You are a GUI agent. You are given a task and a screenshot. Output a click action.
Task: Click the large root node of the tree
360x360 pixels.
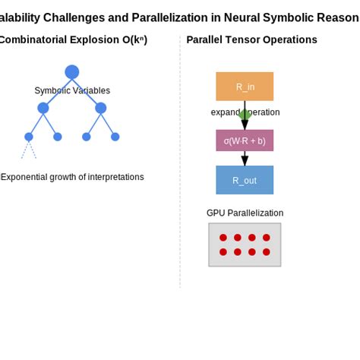point(71,72)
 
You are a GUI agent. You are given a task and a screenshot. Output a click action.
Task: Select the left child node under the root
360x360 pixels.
point(43,108)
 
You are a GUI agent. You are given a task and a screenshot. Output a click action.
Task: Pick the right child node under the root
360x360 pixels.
point(100,108)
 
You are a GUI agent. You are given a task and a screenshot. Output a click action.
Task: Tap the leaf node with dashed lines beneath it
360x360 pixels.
point(29,137)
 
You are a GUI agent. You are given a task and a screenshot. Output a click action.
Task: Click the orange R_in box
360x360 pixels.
point(245,87)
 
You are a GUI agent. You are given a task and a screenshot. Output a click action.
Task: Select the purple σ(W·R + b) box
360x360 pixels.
point(245,141)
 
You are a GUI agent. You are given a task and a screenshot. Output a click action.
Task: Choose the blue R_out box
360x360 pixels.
point(245,180)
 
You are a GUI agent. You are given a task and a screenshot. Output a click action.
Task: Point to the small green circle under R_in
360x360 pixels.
point(245,115)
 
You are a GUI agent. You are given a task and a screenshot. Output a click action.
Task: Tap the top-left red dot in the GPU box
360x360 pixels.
point(223,238)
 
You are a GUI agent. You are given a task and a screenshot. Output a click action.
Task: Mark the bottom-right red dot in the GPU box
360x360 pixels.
point(267,251)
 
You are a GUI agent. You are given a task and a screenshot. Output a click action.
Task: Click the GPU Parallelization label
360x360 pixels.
point(245,213)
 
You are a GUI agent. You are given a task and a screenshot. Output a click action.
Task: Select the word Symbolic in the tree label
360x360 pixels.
point(52,91)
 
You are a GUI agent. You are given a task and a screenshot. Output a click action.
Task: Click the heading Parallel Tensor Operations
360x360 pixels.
point(251,39)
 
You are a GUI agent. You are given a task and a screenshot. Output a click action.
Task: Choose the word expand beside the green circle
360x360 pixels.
point(225,112)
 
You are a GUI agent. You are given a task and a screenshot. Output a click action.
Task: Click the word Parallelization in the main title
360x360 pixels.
point(169,17)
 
